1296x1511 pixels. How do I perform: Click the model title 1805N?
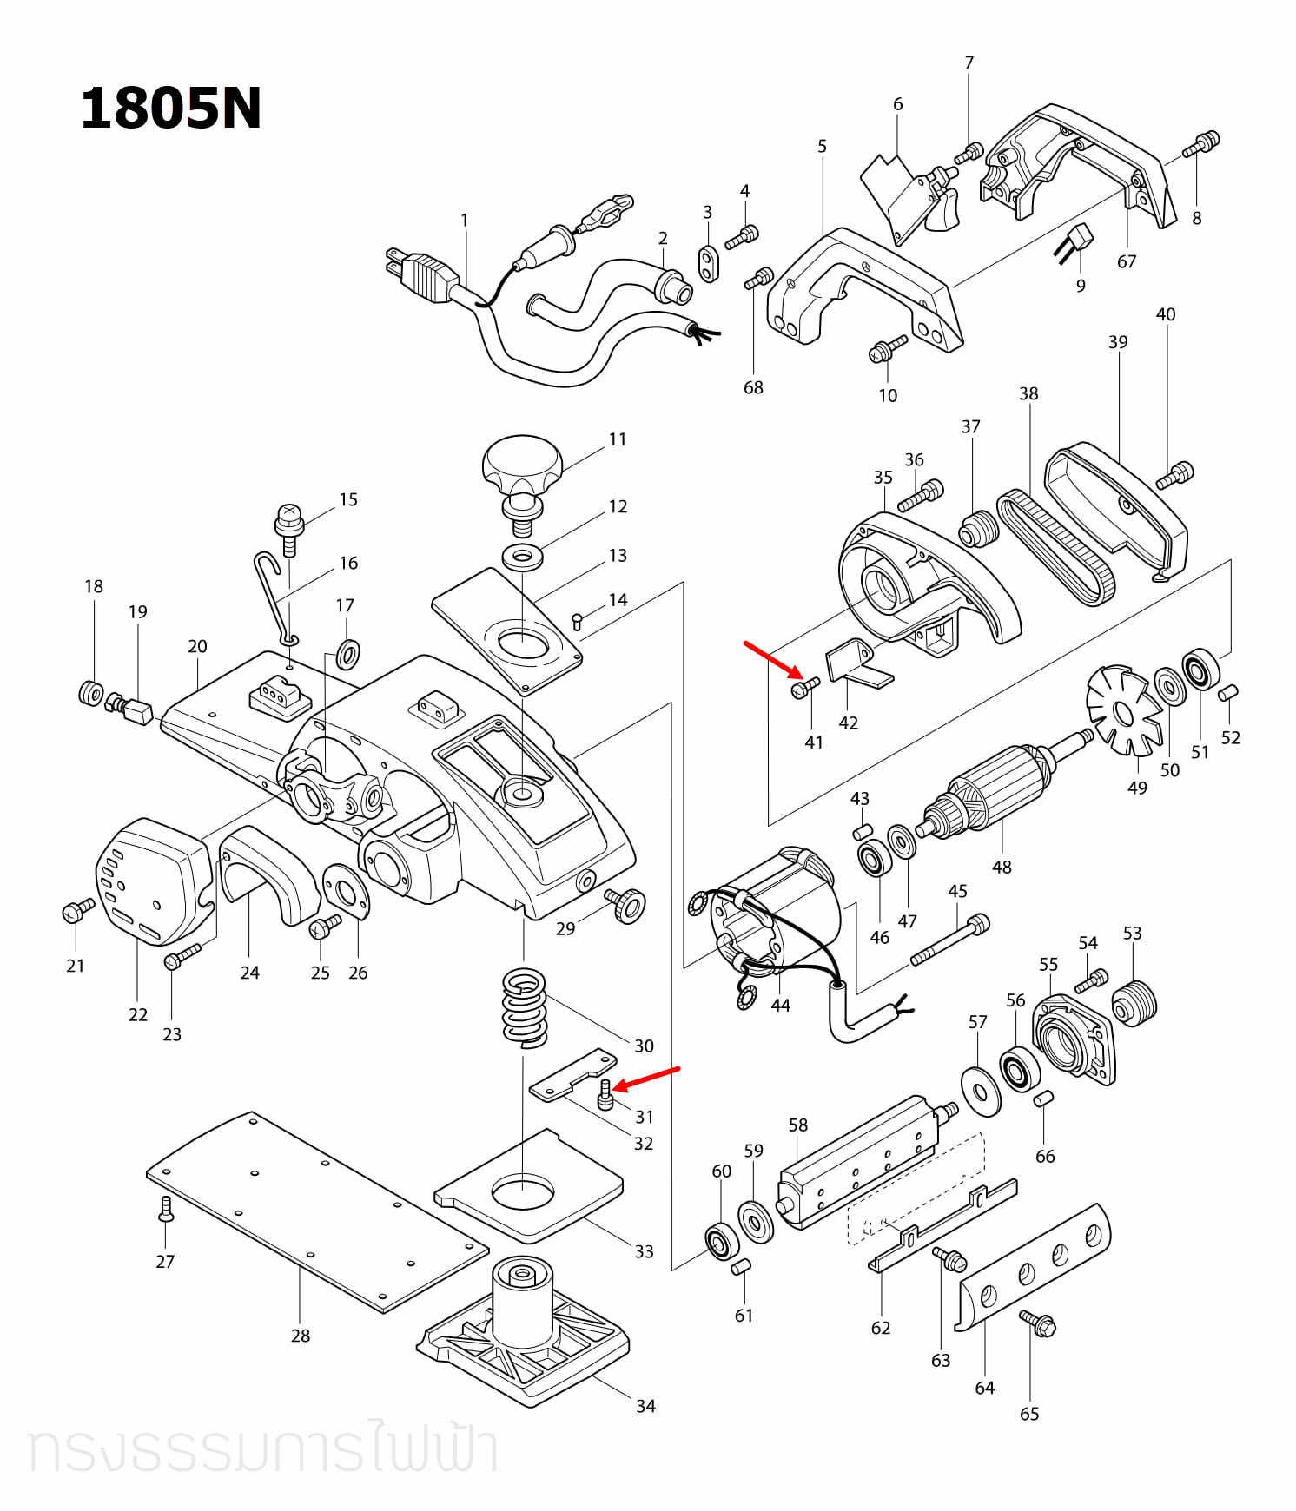[x=170, y=109]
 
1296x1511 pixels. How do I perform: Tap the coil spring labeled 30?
[x=525, y=1007]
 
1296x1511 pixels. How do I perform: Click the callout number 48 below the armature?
[x=1002, y=867]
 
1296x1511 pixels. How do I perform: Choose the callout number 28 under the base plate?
[x=301, y=1336]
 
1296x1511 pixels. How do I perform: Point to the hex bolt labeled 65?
[x=1038, y=1323]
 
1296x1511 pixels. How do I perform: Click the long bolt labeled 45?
[x=950, y=940]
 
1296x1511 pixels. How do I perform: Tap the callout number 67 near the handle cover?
[x=1127, y=261]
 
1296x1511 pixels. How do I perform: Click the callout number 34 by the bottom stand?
[x=645, y=1406]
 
